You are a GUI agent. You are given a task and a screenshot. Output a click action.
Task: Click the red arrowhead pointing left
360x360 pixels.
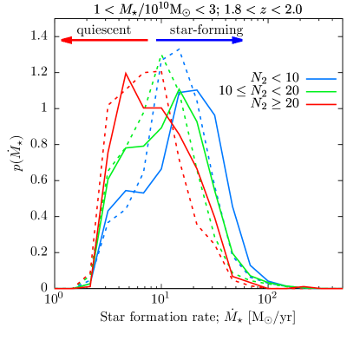click(64, 40)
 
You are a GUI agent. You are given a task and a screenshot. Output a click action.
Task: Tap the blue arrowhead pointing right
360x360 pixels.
click(239, 40)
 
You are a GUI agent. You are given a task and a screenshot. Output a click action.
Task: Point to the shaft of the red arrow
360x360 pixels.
click(108, 40)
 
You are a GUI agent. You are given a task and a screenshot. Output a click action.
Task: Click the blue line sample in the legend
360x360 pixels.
click(320, 79)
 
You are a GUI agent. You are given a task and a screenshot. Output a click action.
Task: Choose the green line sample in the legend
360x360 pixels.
click(320, 91)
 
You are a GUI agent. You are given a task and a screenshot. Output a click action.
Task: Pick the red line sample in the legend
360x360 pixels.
click(320, 104)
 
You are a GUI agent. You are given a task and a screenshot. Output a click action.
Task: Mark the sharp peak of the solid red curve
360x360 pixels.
click(127, 73)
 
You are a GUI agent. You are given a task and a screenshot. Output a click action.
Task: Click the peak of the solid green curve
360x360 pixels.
click(179, 89)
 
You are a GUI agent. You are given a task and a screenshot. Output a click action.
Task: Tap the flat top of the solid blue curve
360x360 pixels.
click(189, 90)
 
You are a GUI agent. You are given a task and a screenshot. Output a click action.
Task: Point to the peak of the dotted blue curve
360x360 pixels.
click(179, 49)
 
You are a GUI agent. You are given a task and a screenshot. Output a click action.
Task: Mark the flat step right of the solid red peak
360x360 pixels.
click(153, 107)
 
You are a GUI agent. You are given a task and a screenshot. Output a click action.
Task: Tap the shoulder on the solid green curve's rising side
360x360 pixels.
click(135, 147)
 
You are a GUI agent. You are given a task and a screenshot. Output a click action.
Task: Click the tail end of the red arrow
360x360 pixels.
click(148, 40)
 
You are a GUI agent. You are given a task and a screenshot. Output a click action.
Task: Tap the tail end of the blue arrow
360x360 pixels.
click(156, 40)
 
